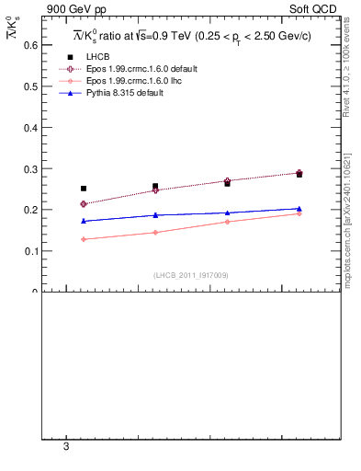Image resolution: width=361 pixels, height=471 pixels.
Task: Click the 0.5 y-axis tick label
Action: coord(28,86)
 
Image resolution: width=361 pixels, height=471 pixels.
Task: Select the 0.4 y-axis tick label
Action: coord(28,127)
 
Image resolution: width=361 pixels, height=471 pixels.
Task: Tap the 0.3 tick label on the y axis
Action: coord(28,168)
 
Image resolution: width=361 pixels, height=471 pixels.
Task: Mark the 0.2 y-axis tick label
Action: coord(28,210)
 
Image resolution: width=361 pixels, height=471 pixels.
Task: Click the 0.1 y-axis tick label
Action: coord(28,250)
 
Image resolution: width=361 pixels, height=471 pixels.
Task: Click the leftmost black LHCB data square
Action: coord(84,189)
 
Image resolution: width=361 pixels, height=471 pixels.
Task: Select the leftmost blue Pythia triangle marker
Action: coord(84,221)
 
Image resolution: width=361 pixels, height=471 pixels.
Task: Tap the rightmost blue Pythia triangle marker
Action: coord(299,209)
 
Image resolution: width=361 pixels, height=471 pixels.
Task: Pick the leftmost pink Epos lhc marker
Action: coord(84,239)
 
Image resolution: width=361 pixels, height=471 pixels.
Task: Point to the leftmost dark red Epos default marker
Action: coord(84,203)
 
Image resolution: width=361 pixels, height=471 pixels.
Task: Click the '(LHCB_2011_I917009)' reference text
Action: coord(191,274)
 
